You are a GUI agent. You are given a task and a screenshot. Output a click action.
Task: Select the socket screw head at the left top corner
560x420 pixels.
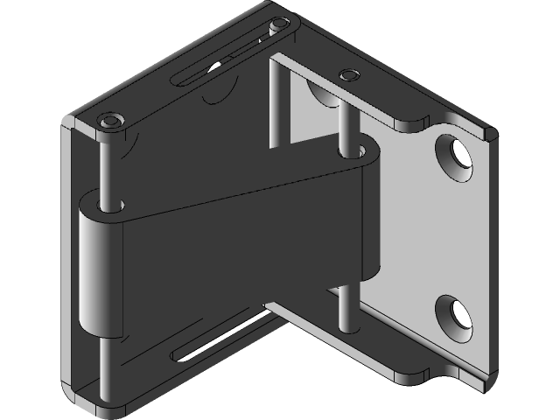point(112,121)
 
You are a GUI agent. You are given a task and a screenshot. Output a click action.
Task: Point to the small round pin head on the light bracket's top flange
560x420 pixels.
point(347,73)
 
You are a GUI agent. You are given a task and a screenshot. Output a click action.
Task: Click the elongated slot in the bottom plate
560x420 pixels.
point(219,341)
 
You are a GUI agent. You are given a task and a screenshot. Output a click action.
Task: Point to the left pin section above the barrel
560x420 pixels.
point(106,166)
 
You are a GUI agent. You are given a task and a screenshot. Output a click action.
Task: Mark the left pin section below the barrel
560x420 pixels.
point(104,367)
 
